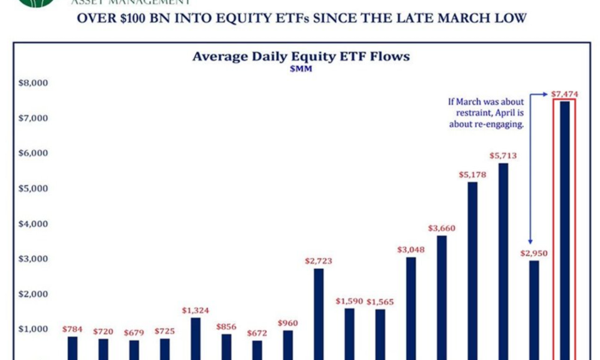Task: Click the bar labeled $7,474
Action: pyautogui.click(x=565, y=231)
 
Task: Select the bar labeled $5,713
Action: pyautogui.click(x=503, y=261)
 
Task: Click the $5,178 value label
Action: pyautogui.click(x=473, y=175)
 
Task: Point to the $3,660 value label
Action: pyautogui.click(x=442, y=228)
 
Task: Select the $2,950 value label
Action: pyautogui.click(x=534, y=253)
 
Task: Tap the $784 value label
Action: pyautogui.click(x=73, y=329)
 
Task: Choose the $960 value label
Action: pyautogui.click(x=287, y=323)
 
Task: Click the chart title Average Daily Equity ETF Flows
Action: pyautogui.click(x=301, y=56)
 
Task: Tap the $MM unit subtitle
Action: pyautogui.click(x=301, y=69)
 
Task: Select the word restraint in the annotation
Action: pyautogui.click(x=469, y=112)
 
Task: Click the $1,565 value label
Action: pyautogui.click(x=380, y=302)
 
